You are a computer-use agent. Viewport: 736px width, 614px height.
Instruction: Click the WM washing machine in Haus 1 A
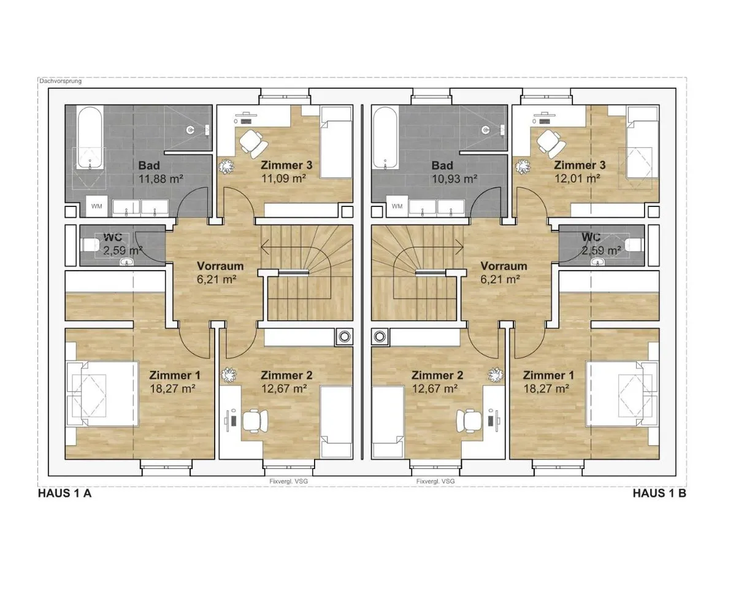click(96, 206)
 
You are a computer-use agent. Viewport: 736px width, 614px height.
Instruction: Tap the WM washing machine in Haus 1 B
click(397, 206)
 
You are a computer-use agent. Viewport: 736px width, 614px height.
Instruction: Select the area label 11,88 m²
click(161, 179)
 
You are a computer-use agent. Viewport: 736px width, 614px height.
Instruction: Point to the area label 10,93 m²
click(454, 179)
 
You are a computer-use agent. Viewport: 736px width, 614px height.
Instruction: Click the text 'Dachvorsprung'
click(60, 81)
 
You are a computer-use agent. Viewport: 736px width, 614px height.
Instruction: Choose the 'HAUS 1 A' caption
click(65, 493)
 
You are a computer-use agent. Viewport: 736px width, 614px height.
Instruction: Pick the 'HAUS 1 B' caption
click(659, 493)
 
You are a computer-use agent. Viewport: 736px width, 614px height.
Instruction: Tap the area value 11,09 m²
click(283, 179)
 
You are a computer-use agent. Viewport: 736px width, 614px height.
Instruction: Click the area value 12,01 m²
click(577, 179)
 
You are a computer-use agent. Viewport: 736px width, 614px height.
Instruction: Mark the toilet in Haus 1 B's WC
click(634, 244)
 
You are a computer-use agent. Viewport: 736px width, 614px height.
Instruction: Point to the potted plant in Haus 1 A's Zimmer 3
click(226, 166)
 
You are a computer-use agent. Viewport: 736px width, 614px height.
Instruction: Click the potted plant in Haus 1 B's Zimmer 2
click(496, 375)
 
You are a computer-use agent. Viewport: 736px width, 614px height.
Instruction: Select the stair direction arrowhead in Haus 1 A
click(264, 247)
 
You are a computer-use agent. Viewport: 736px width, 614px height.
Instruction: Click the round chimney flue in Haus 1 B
click(380, 336)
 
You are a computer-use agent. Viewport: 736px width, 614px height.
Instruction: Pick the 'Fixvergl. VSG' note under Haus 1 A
click(289, 481)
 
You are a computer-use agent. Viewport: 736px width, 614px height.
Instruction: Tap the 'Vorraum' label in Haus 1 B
click(504, 266)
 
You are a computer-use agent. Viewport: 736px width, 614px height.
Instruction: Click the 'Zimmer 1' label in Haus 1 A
click(175, 375)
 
